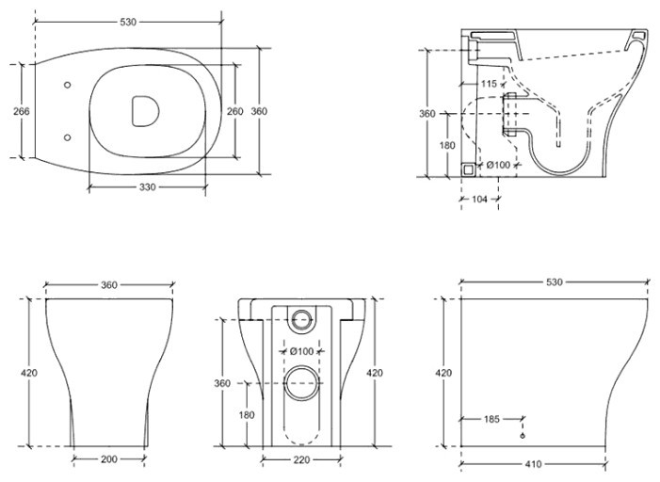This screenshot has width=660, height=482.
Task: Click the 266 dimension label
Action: click(22, 111)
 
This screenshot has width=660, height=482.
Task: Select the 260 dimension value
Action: click(234, 111)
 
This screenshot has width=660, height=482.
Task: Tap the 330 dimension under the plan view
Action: click(147, 187)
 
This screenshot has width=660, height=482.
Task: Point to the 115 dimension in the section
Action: click(489, 84)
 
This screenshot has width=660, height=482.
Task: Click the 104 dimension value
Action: click(479, 199)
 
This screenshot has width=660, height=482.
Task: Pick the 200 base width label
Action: click(109, 459)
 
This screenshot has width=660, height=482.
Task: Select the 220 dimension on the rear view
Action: click(301, 460)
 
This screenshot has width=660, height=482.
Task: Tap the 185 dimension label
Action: click(491, 419)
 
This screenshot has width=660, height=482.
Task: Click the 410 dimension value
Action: click(533, 464)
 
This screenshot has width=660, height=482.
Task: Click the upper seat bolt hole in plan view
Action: click(68, 85)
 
